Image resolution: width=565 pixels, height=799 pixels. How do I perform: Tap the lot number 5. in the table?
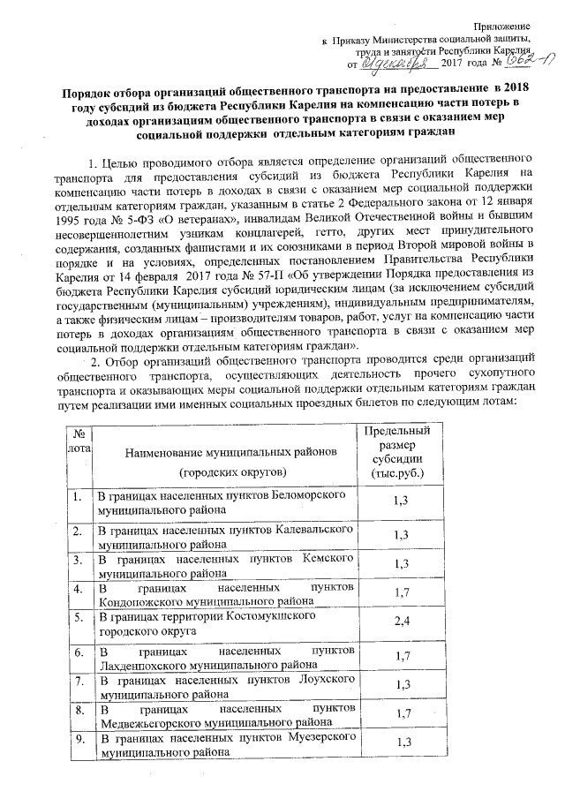[x=79, y=614]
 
